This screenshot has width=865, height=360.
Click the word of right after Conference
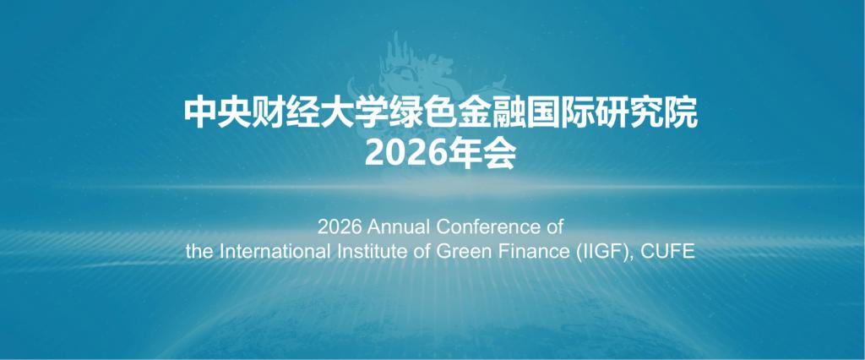(x=551, y=226)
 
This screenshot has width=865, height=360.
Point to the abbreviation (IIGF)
(x=589, y=253)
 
